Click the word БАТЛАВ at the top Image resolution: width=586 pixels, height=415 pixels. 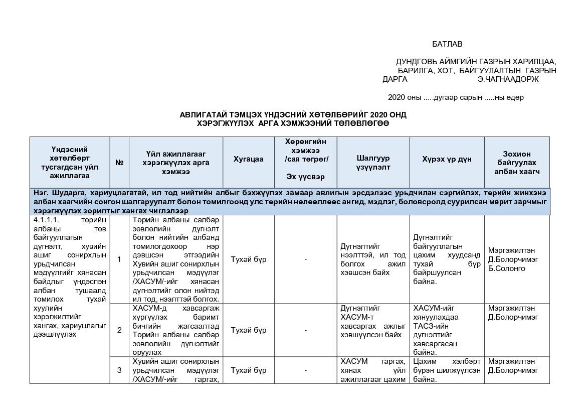pos(447,44)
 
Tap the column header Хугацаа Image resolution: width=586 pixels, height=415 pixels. pos(248,159)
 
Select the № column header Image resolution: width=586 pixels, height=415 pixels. pos(119,163)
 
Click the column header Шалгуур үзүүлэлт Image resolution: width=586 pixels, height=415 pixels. pos(373,163)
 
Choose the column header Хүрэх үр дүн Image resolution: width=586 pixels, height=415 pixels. pos(447,159)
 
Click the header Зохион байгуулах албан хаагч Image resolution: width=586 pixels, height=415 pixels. pos(517,163)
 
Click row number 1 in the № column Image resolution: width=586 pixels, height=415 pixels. pos(119,259)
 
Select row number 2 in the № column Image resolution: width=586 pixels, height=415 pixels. pos(119,330)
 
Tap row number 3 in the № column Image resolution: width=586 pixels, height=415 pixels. pos(119,370)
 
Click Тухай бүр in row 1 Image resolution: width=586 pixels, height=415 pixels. pos(248,259)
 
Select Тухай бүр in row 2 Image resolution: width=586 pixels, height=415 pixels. pos(248,330)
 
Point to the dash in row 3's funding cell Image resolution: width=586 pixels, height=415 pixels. pos(305,370)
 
